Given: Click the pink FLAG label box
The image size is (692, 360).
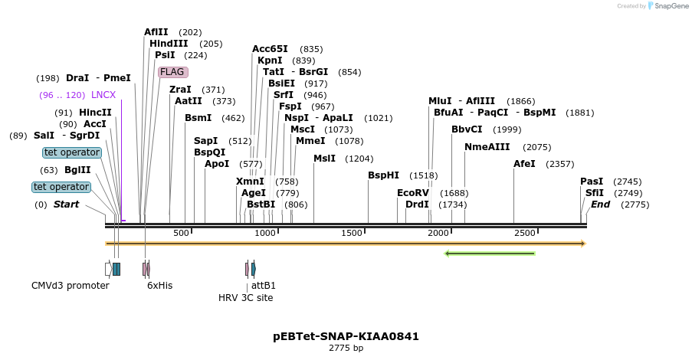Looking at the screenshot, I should pos(172,72).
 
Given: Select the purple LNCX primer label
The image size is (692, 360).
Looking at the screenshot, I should pos(103,95).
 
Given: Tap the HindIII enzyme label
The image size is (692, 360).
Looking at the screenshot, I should pos(169,44).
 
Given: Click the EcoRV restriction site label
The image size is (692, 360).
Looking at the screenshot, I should pos(412,193).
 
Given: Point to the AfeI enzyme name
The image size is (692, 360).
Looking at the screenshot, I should pos(524,164).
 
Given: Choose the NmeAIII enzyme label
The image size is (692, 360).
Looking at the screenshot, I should pos(487,147).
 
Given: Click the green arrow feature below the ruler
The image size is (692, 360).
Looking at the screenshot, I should pos(490,254).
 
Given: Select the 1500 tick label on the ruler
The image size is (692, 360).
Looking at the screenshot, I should pos(351,233).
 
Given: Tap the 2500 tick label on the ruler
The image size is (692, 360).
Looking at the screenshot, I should pos(524,233).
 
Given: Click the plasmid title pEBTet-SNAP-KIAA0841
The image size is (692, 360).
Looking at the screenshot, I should pos(346,336).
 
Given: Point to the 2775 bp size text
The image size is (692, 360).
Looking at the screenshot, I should pos(346,349).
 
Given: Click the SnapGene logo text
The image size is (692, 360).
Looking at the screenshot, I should pos(671,6).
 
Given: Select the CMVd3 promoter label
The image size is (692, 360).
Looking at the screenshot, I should pos(70,286).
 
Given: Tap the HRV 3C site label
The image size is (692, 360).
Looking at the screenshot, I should pos(245,298).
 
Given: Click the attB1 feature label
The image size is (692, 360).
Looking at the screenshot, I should pos(264,286).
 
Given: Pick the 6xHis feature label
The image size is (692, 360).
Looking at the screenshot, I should pos(159,286).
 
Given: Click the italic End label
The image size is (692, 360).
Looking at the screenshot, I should pos(600,205).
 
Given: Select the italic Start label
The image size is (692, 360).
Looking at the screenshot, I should pos(66,205).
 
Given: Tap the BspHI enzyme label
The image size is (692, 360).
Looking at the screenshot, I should pos(383,175).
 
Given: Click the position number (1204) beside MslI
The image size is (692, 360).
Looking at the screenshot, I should pos(359,159).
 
